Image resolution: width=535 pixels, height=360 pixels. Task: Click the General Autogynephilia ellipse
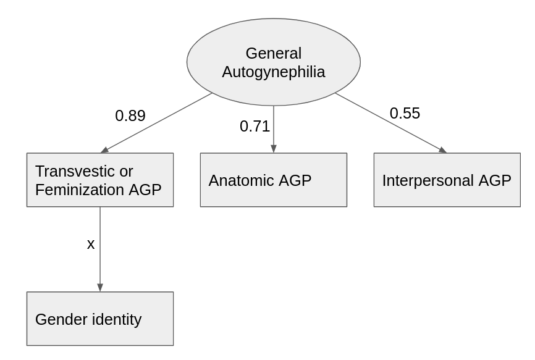273,62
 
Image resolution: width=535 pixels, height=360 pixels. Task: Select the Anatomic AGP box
273,180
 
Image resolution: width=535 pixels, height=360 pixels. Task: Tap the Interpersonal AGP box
447,180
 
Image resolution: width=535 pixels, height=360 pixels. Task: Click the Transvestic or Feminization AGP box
100,180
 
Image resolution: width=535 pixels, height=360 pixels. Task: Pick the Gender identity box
100,319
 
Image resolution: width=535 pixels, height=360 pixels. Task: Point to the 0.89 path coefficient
130,116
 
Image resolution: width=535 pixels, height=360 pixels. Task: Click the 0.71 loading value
255,127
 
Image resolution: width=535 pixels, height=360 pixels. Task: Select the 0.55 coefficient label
405,113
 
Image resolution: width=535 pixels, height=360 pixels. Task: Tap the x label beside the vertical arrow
90,244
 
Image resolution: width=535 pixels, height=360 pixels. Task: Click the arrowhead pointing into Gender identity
100,287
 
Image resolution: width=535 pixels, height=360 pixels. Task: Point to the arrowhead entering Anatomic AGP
273,149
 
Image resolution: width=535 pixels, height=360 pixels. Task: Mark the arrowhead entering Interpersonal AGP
443,150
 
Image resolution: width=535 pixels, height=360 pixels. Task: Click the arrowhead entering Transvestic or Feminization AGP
104,150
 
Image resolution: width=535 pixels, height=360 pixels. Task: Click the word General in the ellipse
273,53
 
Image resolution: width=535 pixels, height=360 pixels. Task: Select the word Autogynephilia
273,72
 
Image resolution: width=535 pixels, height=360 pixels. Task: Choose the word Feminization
80,190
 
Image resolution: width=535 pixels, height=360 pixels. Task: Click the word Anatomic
242,180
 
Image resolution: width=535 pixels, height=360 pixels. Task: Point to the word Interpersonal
428,181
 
